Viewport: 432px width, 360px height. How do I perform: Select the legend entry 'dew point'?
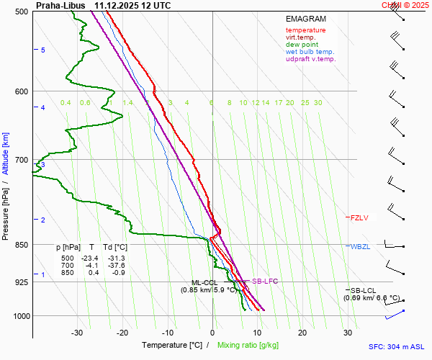click(302, 45)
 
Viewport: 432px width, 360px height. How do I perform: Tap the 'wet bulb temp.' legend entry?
click(310, 52)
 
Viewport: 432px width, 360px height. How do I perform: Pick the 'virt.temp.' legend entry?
click(302, 37)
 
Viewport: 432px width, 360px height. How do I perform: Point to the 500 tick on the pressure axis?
click(22, 12)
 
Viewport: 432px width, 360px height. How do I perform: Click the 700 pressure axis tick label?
click(22, 160)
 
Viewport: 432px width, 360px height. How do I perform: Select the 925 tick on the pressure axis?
click(22, 282)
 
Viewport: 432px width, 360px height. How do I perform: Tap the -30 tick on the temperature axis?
click(78, 333)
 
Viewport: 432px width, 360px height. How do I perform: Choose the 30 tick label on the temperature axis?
click(348, 333)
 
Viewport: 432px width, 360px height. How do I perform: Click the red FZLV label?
click(359, 217)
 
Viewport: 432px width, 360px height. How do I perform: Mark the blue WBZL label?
click(360, 247)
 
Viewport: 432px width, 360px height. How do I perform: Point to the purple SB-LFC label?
click(264, 282)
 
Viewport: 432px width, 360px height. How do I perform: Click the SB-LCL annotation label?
click(364, 290)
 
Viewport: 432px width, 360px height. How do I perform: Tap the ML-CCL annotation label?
click(204, 283)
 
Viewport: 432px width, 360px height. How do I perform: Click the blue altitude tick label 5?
click(43, 50)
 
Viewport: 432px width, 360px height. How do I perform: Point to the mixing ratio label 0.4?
click(66, 103)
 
